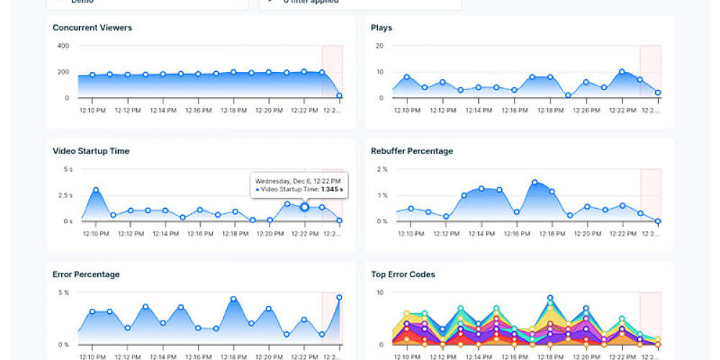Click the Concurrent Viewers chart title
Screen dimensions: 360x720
click(92, 28)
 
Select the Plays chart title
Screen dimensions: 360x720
click(381, 28)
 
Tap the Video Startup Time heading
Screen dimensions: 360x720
click(91, 151)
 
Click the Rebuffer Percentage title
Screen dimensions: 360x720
click(412, 151)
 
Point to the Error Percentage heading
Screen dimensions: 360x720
click(86, 274)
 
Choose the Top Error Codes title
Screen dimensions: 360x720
click(402, 274)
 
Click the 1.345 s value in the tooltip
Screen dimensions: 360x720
click(331, 189)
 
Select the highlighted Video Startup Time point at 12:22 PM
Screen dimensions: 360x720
click(304, 207)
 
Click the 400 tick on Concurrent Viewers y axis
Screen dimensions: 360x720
click(63, 46)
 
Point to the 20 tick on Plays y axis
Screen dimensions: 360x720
click(379, 46)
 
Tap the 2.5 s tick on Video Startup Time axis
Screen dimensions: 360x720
click(66, 195)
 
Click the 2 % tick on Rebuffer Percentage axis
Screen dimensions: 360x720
click(382, 169)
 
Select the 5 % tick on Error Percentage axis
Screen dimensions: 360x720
click(63, 292)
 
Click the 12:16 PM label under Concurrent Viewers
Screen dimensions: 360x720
click(198, 111)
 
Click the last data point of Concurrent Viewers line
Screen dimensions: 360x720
click(339, 96)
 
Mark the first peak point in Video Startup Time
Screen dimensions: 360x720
click(96, 190)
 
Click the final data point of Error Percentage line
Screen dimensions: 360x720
click(339, 297)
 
